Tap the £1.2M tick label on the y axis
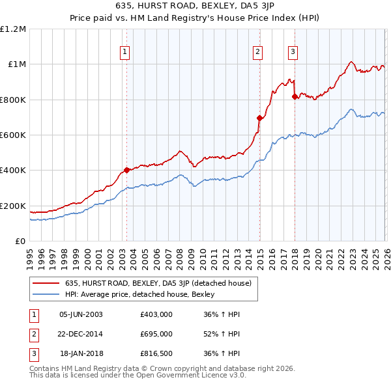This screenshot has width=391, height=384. coord(13,29)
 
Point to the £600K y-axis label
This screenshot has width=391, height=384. coord(13,135)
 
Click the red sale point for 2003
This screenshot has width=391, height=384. coord(126,170)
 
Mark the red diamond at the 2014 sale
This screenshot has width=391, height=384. coord(259,118)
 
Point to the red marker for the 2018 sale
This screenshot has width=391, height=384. coord(295,97)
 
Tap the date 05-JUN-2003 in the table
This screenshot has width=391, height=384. coord(81,314)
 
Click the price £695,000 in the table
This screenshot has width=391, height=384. coord(156,334)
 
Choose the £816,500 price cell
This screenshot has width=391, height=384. coord(156,353)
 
